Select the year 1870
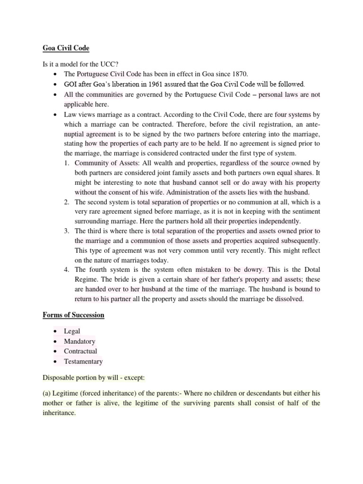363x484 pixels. [238, 74]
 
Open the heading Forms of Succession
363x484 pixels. [73, 315]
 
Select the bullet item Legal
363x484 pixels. [72, 331]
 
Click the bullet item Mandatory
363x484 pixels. [80, 341]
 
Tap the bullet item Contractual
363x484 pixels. [81, 351]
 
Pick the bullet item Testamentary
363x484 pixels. [83, 361]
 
